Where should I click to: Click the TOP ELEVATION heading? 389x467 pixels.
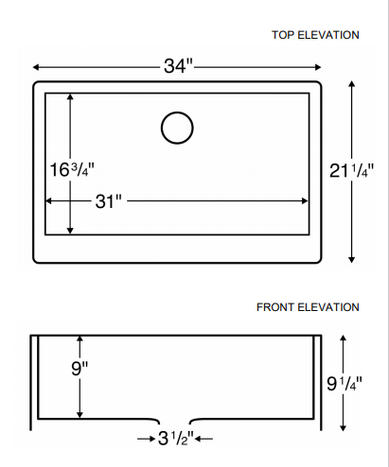tap(315, 35)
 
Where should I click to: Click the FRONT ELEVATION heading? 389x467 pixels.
tap(308, 307)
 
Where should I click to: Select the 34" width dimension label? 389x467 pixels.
tap(177, 66)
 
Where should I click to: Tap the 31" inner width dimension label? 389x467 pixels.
tap(109, 201)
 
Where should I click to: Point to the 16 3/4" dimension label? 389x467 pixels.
tap(71, 169)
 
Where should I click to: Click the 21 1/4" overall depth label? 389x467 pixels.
tap(352, 170)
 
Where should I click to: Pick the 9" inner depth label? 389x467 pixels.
tap(79, 369)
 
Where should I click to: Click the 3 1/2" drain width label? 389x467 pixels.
tap(175, 440)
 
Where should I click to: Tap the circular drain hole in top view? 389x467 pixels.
tap(177, 128)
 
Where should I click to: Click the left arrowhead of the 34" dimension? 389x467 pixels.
tap(37, 67)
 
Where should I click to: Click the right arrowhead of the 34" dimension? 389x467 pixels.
tap(318, 67)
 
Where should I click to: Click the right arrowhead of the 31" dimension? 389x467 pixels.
tap(306, 201)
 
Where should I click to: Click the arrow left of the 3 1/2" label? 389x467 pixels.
tap(149, 440)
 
